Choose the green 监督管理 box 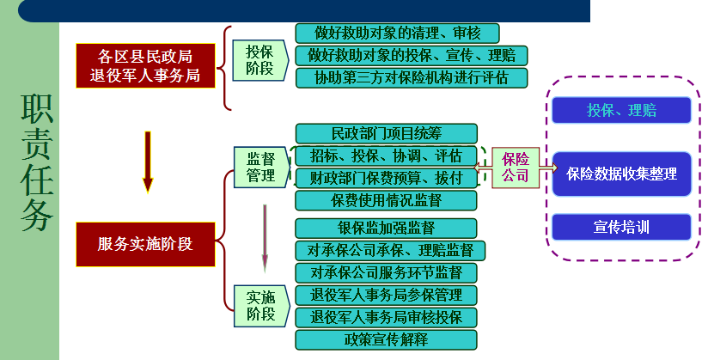(260, 167)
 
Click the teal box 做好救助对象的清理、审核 (397, 34)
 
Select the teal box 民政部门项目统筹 (386, 134)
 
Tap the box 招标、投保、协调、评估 (386, 156)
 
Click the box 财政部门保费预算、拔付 (386, 179)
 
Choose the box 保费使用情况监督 (386, 201)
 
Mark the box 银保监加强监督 (386, 229)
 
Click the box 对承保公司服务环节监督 (386, 273)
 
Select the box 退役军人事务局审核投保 (386, 317)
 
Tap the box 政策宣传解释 (386, 339)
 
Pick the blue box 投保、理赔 (621, 111)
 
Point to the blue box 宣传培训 (621, 228)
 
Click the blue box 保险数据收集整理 (621, 174)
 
